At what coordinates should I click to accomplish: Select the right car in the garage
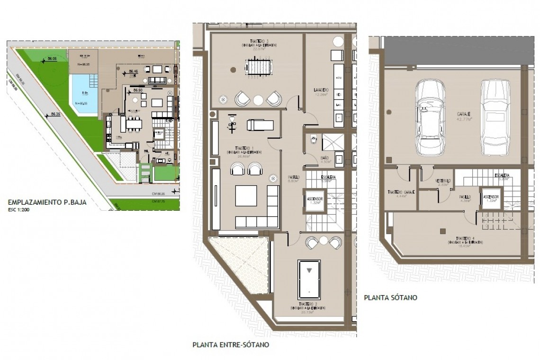point(495,117)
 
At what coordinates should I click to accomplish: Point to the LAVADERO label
point(321,89)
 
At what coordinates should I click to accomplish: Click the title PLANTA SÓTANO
point(390,298)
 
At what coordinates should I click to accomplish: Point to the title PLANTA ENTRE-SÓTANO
point(231,345)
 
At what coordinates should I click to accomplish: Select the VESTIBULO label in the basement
point(443,181)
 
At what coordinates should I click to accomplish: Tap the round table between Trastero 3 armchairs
point(258,99)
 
